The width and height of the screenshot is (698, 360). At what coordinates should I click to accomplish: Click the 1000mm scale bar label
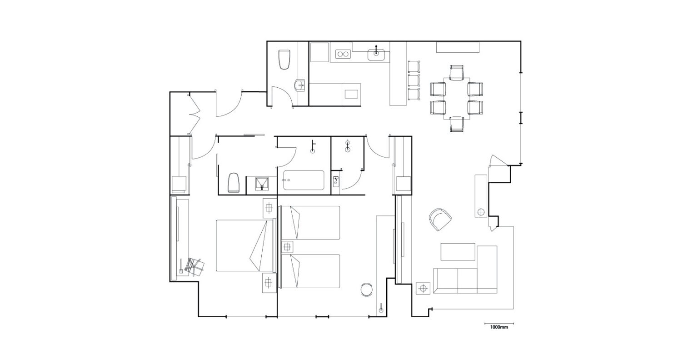coord(499,327)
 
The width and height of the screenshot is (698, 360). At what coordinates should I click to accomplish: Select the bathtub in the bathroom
coord(304,180)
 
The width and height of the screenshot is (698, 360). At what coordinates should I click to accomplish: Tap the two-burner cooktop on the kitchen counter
coord(343,54)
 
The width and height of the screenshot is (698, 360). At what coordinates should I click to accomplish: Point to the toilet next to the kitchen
coord(284,60)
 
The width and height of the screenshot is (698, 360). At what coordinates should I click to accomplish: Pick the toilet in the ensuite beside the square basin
coord(234,183)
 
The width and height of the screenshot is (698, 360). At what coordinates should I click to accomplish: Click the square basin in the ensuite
coord(261,183)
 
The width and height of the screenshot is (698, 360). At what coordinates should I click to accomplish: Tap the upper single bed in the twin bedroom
coord(310,223)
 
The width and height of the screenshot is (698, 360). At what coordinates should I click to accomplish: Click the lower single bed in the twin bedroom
coord(310,271)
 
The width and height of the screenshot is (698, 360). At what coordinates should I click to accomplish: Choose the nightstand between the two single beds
coord(287,247)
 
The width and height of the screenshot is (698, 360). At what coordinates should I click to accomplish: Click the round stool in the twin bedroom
coord(366,290)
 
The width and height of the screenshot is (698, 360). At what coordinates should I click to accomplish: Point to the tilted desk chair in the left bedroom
coord(194,266)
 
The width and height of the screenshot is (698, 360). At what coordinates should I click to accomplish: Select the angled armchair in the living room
coord(440,219)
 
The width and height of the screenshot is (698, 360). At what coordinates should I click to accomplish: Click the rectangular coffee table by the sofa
coord(458,252)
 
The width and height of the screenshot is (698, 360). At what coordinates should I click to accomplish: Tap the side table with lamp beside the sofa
coord(423,288)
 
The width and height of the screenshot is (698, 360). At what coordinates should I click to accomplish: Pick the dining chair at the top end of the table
coord(457,72)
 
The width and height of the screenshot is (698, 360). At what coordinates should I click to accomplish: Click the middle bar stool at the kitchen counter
coord(414,80)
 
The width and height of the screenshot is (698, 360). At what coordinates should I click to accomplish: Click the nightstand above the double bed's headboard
coord(269,208)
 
